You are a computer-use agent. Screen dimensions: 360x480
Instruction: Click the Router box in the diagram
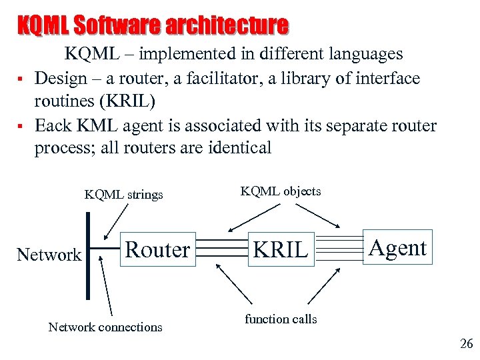point(158,249)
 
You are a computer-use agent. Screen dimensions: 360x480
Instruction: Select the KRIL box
point(281,249)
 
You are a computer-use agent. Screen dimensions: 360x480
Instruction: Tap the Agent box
point(397,247)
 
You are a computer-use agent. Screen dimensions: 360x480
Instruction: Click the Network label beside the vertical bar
point(49,254)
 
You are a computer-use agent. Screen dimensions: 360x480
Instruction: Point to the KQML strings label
point(123,195)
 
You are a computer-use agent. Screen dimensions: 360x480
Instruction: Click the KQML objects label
point(280,191)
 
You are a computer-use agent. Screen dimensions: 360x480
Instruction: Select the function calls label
point(281,319)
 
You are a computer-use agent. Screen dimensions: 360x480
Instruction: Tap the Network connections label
point(105,327)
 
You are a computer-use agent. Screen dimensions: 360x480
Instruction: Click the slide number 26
point(466,344)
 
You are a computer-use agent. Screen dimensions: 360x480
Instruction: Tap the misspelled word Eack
point(53,125)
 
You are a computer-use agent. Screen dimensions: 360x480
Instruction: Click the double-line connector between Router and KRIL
point(223,250)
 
